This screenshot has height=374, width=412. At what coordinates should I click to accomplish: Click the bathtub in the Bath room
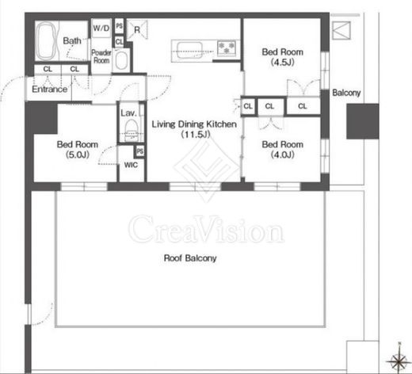pos(47,41)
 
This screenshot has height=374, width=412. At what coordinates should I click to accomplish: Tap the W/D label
pos(101,28)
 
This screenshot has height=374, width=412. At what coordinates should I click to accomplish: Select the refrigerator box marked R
pos(137,29)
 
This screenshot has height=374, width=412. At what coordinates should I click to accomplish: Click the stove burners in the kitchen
pos(227,48)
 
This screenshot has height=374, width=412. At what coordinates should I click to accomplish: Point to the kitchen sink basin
pos(189,50)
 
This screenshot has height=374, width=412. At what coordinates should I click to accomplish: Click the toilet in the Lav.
pos(130,128)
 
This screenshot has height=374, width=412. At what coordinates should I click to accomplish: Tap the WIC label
pos(131,165)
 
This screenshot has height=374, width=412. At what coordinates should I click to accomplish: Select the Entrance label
pos(49,90)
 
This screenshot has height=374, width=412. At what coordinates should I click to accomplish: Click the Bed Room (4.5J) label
pos(282,57)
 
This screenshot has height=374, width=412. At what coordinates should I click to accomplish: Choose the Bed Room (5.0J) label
pos(78,149)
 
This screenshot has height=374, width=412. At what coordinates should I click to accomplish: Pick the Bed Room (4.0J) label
pos(282,149)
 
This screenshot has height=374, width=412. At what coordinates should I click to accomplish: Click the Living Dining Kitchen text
pos(194,124)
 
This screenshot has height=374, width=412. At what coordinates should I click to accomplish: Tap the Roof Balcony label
pos(190,258)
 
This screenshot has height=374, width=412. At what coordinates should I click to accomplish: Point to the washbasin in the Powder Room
pos(121,60)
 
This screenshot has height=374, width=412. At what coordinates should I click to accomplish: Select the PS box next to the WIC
pos(140,151)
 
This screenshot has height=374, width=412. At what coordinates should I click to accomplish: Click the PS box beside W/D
pos(120,26)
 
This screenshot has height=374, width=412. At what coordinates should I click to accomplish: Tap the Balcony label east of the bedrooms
pos(346,93)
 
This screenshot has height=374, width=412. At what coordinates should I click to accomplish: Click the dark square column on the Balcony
pos(363,121)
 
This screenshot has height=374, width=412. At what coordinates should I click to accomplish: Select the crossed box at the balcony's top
pos(341,30)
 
